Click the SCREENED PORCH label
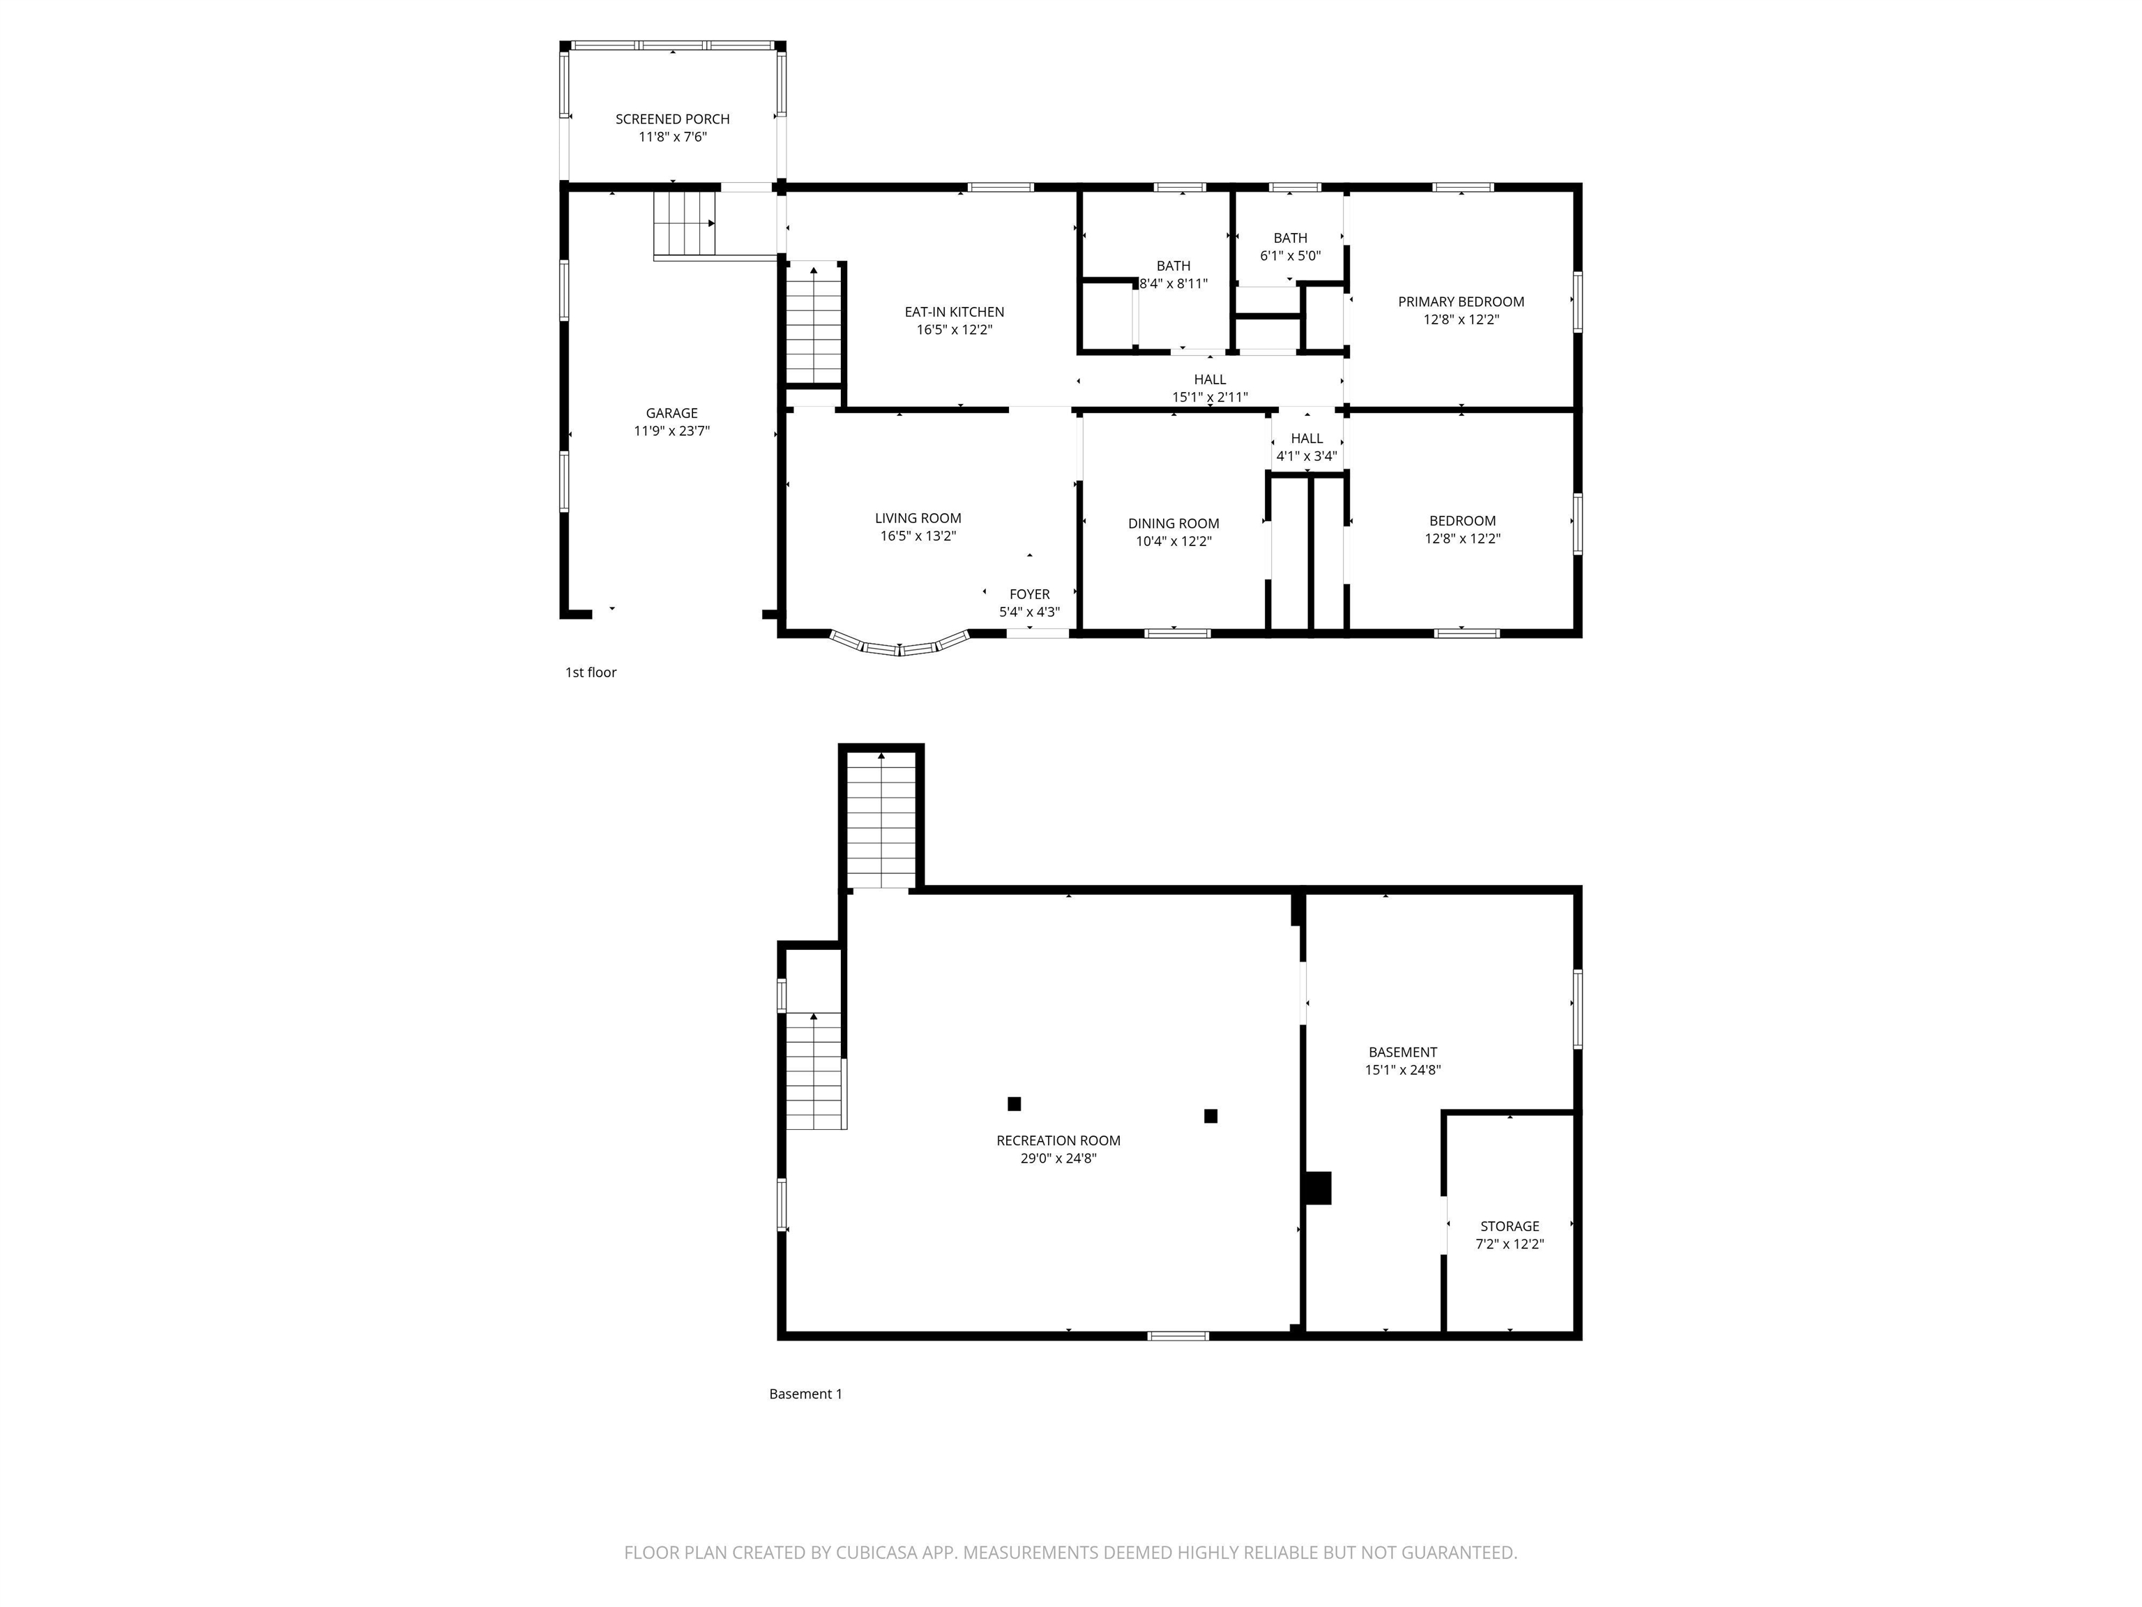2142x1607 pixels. click(672, 119)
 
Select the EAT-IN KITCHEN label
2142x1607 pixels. click(954, 312)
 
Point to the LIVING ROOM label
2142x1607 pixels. click(917, 518)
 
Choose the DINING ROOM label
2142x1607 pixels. click(1173, 524)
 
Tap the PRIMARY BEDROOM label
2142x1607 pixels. click(1460, 302)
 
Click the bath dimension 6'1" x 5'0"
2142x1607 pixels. click(1290, 256)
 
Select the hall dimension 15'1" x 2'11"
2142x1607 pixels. click(1210, 397)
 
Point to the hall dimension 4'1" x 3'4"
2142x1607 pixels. click(1306, 456)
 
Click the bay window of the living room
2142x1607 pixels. click(899, 646)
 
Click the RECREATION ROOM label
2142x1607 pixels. click(1058, 1141)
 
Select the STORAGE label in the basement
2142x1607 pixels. click(1509, 1226)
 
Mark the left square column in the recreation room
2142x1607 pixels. click(1014, 1103)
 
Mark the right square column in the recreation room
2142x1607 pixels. click(1210, 1116)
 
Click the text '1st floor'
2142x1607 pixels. click(591, 672)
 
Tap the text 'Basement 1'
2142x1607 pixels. click(805, 1394)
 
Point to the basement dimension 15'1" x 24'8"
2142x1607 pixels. click(1402, 1071)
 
